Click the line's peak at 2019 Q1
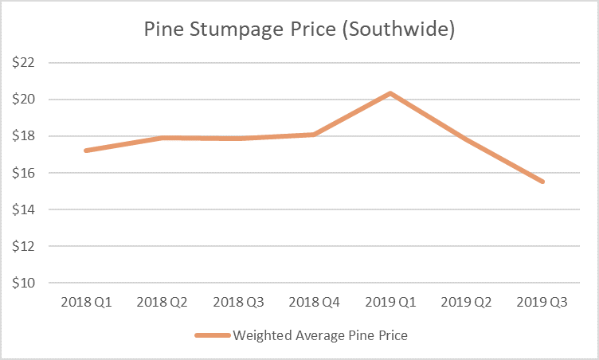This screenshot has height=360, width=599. pos(390,93)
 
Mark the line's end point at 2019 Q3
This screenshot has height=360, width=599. pos(543,182)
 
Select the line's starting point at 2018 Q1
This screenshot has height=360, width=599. pos(85,151)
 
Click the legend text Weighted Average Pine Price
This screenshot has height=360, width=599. pos(320,335)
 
